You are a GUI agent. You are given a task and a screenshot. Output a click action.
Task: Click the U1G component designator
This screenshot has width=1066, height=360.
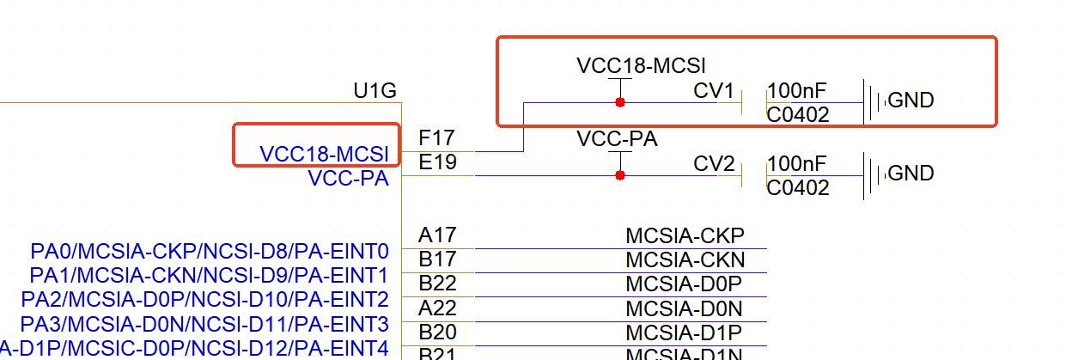coord(375,90)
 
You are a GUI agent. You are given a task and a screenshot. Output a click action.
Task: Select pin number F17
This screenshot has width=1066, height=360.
coord(436,138)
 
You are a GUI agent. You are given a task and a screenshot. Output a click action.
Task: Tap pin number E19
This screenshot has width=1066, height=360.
coord(437,162)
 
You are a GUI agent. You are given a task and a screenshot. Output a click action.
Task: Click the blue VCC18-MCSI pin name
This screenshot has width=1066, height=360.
coord(324,154)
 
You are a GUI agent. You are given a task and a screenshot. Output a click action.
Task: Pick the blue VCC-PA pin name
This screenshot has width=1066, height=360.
coord(348,179)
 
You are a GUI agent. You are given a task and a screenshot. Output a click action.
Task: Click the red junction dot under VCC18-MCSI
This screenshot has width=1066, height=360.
coord(619,102)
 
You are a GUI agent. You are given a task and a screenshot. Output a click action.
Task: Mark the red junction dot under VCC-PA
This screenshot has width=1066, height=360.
coord(619,175)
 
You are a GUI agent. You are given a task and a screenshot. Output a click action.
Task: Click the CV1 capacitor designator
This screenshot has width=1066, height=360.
coord(714,90)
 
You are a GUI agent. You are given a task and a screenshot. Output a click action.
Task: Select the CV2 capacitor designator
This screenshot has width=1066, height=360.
coord(714,163)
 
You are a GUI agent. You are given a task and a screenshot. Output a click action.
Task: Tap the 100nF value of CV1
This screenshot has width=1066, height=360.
coord(796,90)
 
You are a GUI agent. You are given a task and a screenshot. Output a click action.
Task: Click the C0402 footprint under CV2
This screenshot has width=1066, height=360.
coord(798,188)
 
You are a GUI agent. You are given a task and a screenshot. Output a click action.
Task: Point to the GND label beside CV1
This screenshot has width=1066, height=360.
coord(911,101)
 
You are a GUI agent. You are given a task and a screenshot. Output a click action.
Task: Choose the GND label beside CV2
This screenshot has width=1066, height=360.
coord(911,174)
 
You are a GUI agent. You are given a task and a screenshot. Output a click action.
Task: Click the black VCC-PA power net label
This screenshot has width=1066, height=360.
coord(617,139)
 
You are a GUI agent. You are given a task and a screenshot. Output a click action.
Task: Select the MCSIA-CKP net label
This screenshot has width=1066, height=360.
coord(685,236)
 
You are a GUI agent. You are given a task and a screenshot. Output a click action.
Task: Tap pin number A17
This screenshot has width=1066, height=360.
coord(437,235)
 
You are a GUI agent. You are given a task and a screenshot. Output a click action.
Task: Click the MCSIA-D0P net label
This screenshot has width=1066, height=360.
coord(685,284)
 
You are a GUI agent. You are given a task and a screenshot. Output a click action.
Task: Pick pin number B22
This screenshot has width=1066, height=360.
coord(437,284)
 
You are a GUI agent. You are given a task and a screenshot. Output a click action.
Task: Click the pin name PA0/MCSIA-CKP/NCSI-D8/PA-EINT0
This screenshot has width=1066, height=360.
coord(210,252)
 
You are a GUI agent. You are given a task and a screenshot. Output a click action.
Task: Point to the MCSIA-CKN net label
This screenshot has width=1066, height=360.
coord(685,260)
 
